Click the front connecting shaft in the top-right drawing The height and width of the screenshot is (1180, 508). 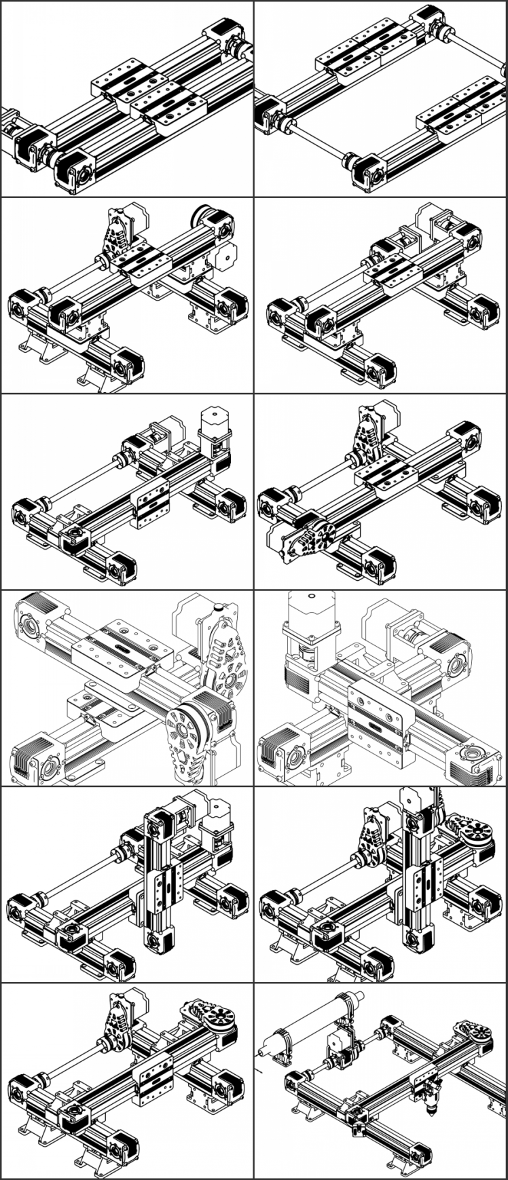319,142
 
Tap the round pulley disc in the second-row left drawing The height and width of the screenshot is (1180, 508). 202,216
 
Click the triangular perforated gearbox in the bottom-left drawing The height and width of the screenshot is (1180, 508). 115,1021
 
